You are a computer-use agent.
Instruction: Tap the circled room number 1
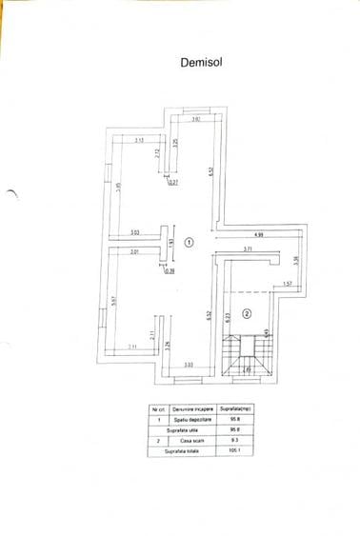(x=189, y=242)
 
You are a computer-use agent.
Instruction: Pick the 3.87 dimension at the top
(x=196, y=120)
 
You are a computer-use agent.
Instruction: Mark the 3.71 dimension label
(x=247, y=249)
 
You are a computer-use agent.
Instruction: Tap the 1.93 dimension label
(x=171, y=244)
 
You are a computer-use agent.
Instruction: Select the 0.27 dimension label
(x=172, y=182)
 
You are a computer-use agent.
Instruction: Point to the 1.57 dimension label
(x=287, y=284)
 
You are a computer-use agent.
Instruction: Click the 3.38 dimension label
(x=296, y=259)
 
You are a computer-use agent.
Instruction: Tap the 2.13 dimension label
(x=138, y=140)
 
